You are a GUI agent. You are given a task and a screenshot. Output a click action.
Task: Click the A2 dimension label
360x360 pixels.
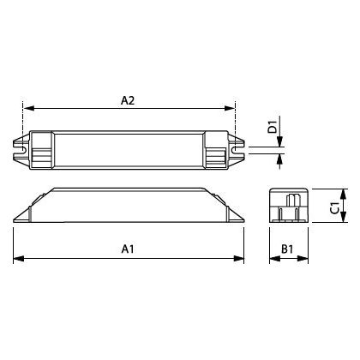[x=128, y=100]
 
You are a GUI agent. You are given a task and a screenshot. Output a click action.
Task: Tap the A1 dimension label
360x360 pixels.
[x=128, y=249]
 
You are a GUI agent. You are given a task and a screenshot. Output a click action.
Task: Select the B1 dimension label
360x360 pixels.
[x=287, y=249]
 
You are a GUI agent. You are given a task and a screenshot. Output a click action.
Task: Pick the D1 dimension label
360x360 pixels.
[x=273, y=127]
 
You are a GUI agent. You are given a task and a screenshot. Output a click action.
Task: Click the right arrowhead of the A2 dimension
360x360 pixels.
[x=229, y=108]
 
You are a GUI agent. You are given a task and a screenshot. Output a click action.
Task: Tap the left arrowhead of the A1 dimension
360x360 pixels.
[x=19, y=259]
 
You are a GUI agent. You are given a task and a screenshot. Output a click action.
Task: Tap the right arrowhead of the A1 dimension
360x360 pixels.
[x=238, y=259]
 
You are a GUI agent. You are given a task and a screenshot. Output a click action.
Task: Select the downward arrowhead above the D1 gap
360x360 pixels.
[x=279, y=141]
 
